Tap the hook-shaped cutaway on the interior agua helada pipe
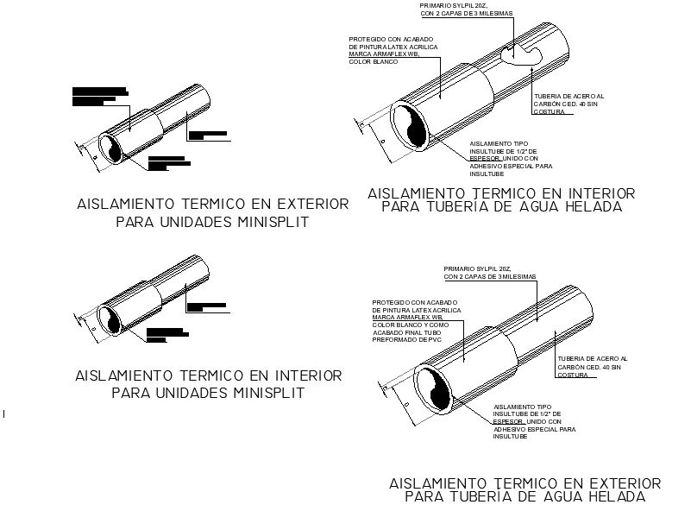pos(519,56)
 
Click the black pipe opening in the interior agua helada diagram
pos(412,126)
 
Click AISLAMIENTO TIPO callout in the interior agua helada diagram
pos(498,142)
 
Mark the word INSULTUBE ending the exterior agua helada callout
pos(510,437)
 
